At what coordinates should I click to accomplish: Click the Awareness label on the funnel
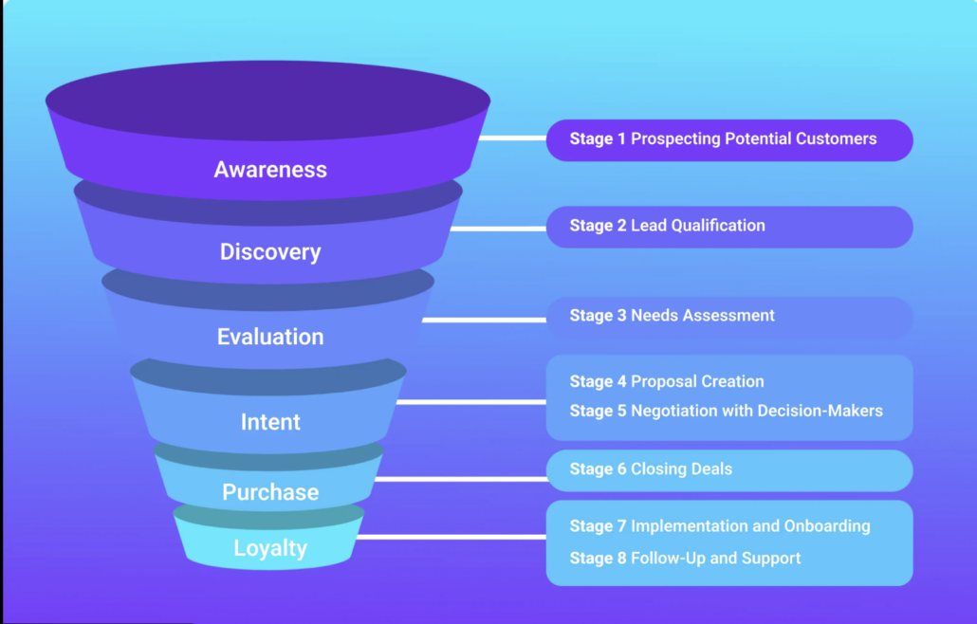click(270, 170)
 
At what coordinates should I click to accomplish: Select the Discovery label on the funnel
click(270, 252)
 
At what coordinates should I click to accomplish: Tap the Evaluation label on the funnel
click(270, 337)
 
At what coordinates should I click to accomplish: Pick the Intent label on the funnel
click(270, 422)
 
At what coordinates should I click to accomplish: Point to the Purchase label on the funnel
click(270, 492)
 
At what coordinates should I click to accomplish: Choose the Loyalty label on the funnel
click(270, 548)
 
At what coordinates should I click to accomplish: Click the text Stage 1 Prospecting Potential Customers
click(723, 139)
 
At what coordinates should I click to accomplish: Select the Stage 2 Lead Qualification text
click(667, 226)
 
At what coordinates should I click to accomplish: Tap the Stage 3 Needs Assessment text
click(672, 316)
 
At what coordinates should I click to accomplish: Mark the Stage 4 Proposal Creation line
click(667, 382)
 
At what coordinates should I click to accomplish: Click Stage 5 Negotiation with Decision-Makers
click(726, 411)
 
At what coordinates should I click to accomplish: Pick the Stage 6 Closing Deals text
click(651, 469)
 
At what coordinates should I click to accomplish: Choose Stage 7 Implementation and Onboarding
click(719, 526)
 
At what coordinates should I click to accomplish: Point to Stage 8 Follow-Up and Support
click(685, 559)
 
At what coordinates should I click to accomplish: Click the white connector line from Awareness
click(512, 138)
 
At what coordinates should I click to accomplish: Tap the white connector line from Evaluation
click(484, 320)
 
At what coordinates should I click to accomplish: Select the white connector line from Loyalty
click(451, 537)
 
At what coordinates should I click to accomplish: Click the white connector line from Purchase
click(460, 479)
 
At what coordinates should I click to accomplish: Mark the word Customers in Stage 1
click(837, 139)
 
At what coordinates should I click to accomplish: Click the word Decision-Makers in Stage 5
click(825, 411)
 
